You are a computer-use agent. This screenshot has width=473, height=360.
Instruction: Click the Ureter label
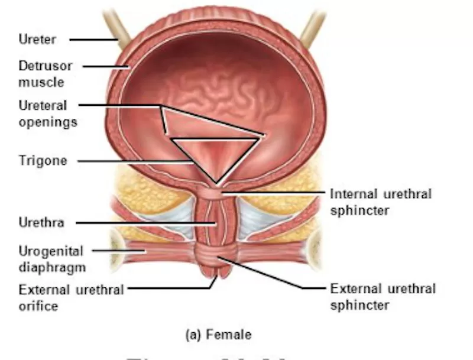(x=38, y=40)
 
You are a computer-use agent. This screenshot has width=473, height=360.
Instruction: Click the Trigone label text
(x=43, y=160)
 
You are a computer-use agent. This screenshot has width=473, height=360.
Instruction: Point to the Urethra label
(x=41, y=223)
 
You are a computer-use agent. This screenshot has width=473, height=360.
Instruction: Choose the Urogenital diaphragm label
(x=51, y=259)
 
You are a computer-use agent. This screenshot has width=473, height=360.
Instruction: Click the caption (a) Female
(x=218, y=335)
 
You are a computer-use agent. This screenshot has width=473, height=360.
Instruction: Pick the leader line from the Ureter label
(x=95, y=40)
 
